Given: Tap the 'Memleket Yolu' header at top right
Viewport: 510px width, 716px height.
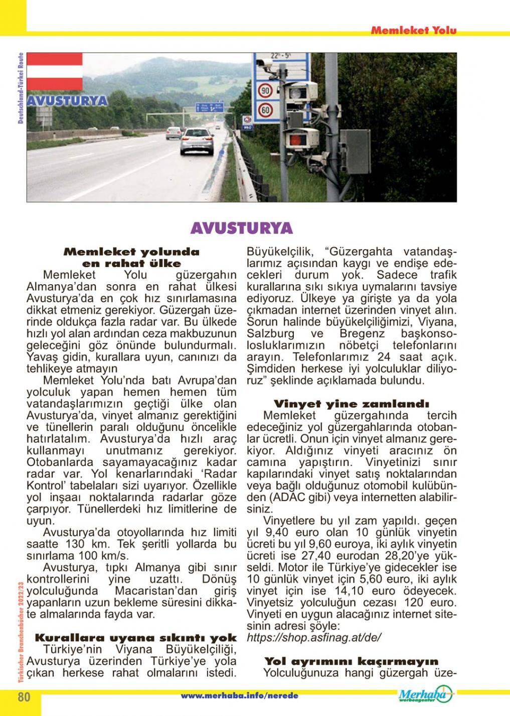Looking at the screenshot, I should coord(414,31).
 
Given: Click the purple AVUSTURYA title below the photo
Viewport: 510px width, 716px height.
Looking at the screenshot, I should coord(242,228).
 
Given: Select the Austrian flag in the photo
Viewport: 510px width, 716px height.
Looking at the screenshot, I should coord(54,72).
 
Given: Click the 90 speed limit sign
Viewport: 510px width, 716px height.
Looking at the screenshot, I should coord(265,91).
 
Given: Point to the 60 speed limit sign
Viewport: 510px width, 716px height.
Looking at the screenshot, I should coord(265,109).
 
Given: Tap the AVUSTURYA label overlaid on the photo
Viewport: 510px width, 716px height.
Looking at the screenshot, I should coord(67,100).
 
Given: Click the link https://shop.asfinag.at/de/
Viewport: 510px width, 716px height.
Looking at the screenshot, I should coord(314,638).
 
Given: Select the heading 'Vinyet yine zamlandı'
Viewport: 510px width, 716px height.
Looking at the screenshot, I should coord(351,404).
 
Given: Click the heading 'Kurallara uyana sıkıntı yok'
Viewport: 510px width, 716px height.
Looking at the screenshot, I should coord(135,638).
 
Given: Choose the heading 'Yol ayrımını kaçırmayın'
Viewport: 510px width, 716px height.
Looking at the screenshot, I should coord(351,661).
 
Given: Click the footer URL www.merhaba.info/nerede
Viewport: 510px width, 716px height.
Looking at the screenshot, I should coord(239,696).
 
